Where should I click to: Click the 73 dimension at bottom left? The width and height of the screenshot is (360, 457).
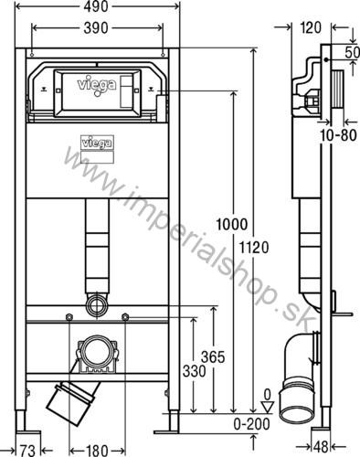tap(27, 449)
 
